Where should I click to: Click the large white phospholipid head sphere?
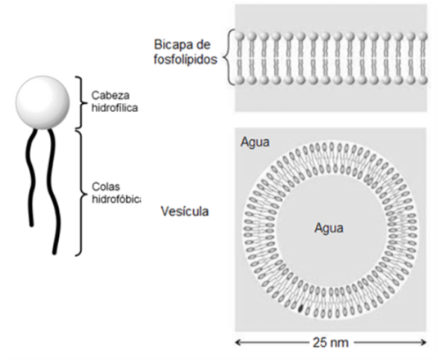43,102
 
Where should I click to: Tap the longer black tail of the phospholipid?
53,191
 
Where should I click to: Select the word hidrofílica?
115,108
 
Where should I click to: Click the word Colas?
106,187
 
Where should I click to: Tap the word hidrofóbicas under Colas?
116,199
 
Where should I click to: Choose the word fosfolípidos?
186,60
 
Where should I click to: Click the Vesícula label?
185,211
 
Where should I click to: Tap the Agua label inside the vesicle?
329,228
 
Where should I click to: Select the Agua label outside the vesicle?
255,142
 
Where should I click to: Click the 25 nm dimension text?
331,343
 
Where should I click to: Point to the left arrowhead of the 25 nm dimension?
238,342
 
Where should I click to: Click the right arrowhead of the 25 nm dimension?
424,342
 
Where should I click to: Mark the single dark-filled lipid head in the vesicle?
300,308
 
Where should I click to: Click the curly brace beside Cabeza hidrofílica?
81,102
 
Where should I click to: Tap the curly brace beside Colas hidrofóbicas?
81,192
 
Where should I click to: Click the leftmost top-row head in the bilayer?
240,37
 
